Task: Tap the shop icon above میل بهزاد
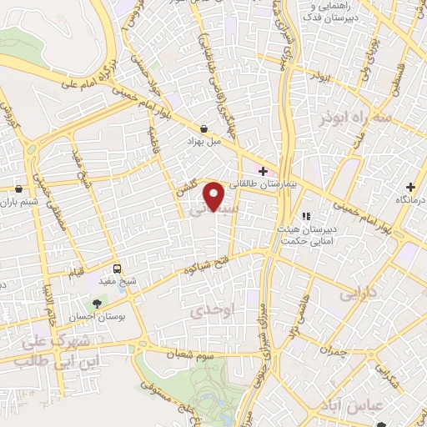[204, 128]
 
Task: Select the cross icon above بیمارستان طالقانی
[264, 170]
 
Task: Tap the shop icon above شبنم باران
[19, 188]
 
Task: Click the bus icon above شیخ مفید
[116, 269]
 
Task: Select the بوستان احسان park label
[110, 318]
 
